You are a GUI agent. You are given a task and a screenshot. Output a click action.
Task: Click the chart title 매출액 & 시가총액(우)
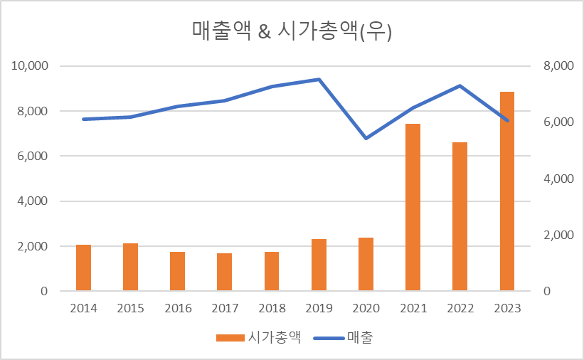pyautogui.click(x=292, y=31)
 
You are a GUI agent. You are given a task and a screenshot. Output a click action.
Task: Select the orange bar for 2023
pyautogui.click(x=506, y=191)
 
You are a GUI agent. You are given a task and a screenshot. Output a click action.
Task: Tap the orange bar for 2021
pyautogui.click(x=413, y=207)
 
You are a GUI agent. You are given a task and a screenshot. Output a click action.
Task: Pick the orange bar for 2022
pyautogui.click(x=460, y=216)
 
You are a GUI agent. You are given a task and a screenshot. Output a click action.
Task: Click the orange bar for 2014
pyautogui.click(x=83, y=268)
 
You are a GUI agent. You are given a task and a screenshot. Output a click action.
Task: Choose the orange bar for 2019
pyautogui.click(x=319, y=265)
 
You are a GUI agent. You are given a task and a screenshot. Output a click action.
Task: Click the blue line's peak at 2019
pyautogui.click(x=319, y=79)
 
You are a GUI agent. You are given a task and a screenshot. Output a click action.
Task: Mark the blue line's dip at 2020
pyautogui.click(x=366, y=138)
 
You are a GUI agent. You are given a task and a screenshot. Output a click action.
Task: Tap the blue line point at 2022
pyautogui.click(x=460, y=86)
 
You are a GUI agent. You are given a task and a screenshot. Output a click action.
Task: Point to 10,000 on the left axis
pyautogui.click(x=29, y=66)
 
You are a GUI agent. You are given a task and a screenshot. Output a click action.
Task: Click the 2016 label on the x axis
pyautogui.click(x=178, y=308)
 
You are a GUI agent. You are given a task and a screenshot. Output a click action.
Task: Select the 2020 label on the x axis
pyautogui.click(x=366, y=308)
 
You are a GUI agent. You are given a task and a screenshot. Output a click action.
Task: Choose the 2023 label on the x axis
pyautogui.click(x=506, y=308)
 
